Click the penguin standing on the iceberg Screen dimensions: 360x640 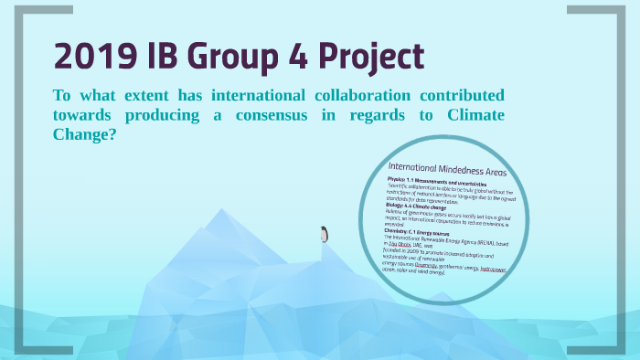(x=323, y=234)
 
